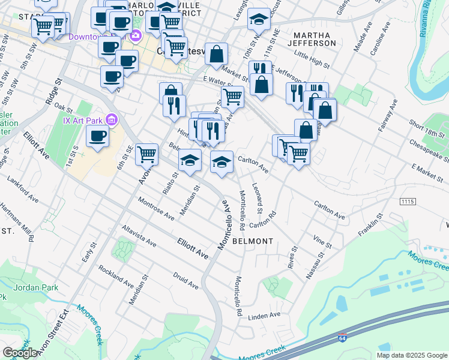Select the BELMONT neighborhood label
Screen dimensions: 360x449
click(253, 241)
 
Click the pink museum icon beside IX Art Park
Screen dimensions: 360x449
click(110, 119)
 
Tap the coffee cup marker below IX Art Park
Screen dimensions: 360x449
click(97, 136)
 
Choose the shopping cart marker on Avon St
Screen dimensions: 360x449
click(146, 155)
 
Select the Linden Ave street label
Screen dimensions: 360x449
click(264, 315)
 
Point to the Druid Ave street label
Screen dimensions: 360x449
click(185, 281)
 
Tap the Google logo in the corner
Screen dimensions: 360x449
click(20, 353)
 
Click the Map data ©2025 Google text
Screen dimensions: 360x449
click(412, 355)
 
